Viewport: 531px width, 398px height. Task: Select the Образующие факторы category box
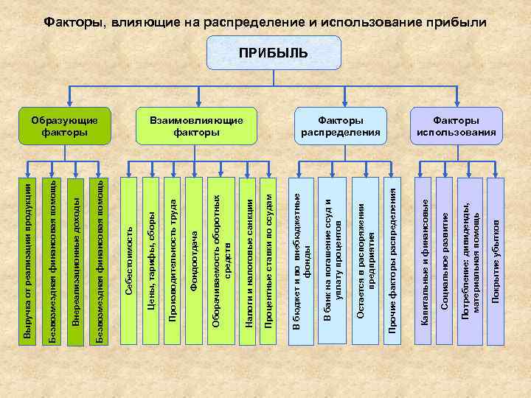point(65,125)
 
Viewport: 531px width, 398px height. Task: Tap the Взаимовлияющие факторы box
point(195,125)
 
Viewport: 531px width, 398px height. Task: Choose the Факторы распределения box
point(340,125)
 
